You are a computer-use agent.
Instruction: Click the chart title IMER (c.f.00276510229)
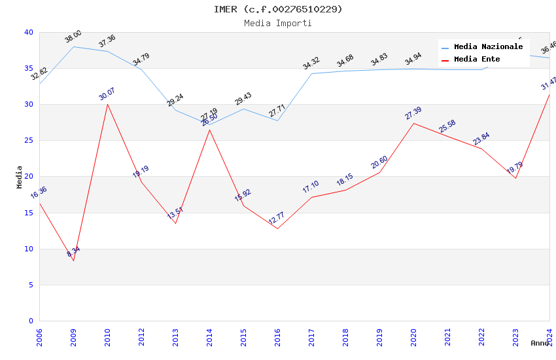[278, 9]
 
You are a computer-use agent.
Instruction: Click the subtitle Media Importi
[278, 24]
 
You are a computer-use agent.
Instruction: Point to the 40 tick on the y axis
[28, 33]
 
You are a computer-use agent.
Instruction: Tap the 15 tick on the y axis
[28, 213]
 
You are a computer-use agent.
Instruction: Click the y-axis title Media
[20, 177]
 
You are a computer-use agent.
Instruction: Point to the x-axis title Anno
[540, 343]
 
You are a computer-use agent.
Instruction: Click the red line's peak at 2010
[107, 104]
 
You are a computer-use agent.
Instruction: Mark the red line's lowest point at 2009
[73, 261]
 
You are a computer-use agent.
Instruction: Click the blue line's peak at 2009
[73, 46]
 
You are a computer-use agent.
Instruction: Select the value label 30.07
[107, 94]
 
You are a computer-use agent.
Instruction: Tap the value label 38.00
[73, 37]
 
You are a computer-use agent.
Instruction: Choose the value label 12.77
[277, 218]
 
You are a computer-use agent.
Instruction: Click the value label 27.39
[413, 113]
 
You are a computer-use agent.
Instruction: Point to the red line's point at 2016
[277, 228]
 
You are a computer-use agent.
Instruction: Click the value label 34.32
[311, 63]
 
